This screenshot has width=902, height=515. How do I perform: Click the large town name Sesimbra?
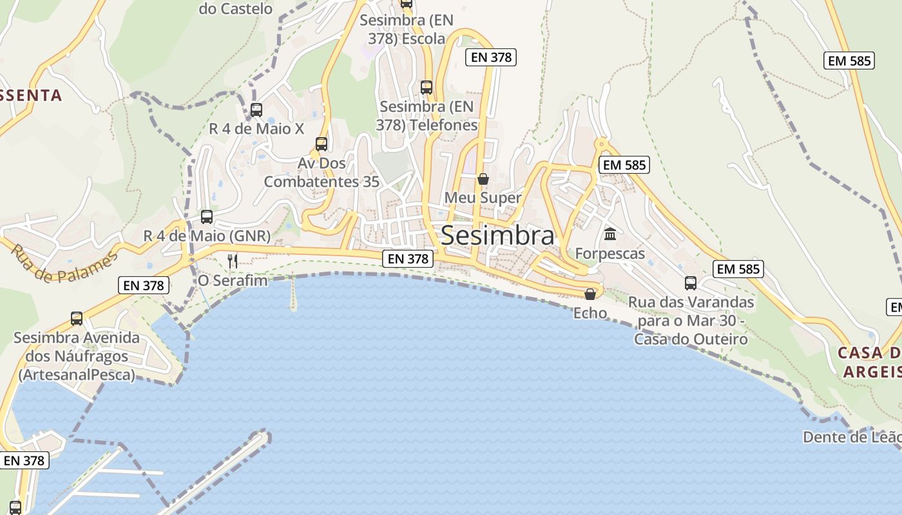(x=497, y=236)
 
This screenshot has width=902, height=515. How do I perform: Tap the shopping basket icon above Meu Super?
(x=483, y=178)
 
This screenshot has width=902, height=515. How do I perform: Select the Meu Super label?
(x=483, y=198)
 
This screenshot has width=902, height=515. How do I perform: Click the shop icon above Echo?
(x=590, y=294)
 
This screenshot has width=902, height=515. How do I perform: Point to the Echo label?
(x=590, y=313)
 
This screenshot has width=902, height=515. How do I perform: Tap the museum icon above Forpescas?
(x=609, y=234)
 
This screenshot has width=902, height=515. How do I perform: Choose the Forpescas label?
(x=609, y=254)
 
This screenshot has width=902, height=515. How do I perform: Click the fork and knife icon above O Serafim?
(x=233, y=261)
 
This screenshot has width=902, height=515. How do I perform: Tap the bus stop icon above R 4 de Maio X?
(x=256, y=109)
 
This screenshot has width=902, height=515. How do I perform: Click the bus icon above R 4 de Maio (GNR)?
(x=207, y=217)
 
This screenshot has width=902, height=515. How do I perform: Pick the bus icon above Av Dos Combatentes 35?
(x=321, y=144)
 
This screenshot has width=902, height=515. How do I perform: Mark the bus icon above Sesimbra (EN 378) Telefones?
(x=426, y=87)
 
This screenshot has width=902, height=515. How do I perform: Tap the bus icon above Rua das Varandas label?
(x=691, y=283)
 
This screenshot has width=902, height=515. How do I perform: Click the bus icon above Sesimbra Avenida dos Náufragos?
(x=77, y=318)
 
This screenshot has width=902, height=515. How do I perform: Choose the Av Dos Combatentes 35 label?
(x=321, y=173)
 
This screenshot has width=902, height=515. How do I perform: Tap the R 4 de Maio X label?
(x=256, y=129)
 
